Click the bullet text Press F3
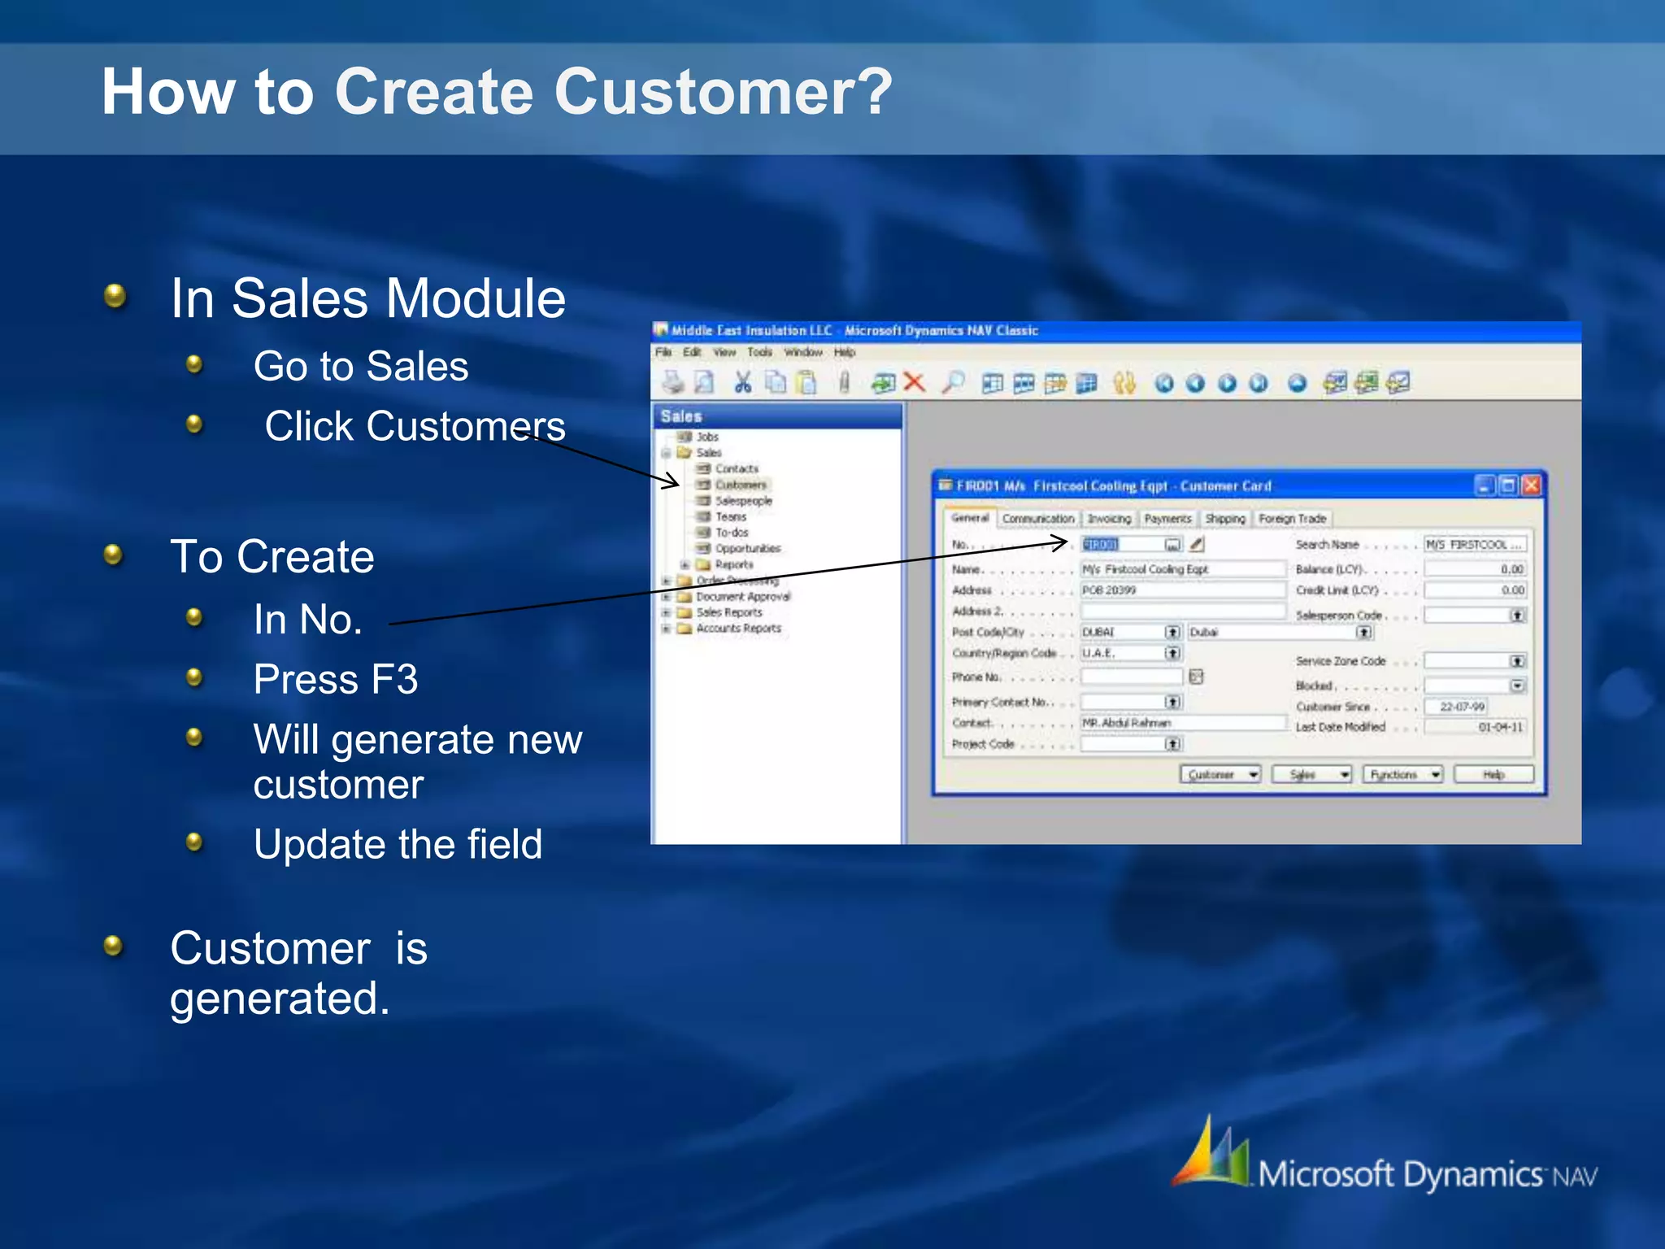[335, 680]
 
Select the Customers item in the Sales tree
[740, 485]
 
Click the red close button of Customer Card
[1531, 485]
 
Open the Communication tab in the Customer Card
[1037, 519]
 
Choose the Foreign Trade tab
[1292, 519]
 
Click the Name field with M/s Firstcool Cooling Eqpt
[1180, 569]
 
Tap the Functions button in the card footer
[1402, 774]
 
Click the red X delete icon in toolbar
[915, 382]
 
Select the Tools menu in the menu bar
[759, 352]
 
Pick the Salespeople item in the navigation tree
[743, 501]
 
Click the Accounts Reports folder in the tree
[737, 629]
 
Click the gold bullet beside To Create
[114, 555]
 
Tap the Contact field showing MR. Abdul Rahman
[1180, 723]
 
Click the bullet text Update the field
[397, 844]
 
